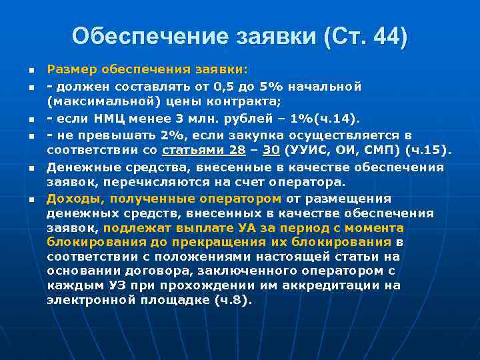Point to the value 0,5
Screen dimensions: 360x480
(x=224, y=86)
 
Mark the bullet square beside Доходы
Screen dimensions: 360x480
(x=31, y=199)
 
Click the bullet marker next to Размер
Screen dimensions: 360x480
(x=31, y=70)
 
